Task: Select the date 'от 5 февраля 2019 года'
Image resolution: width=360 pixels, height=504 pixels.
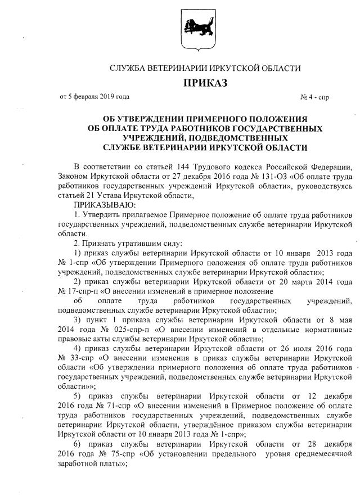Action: [94, 97]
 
